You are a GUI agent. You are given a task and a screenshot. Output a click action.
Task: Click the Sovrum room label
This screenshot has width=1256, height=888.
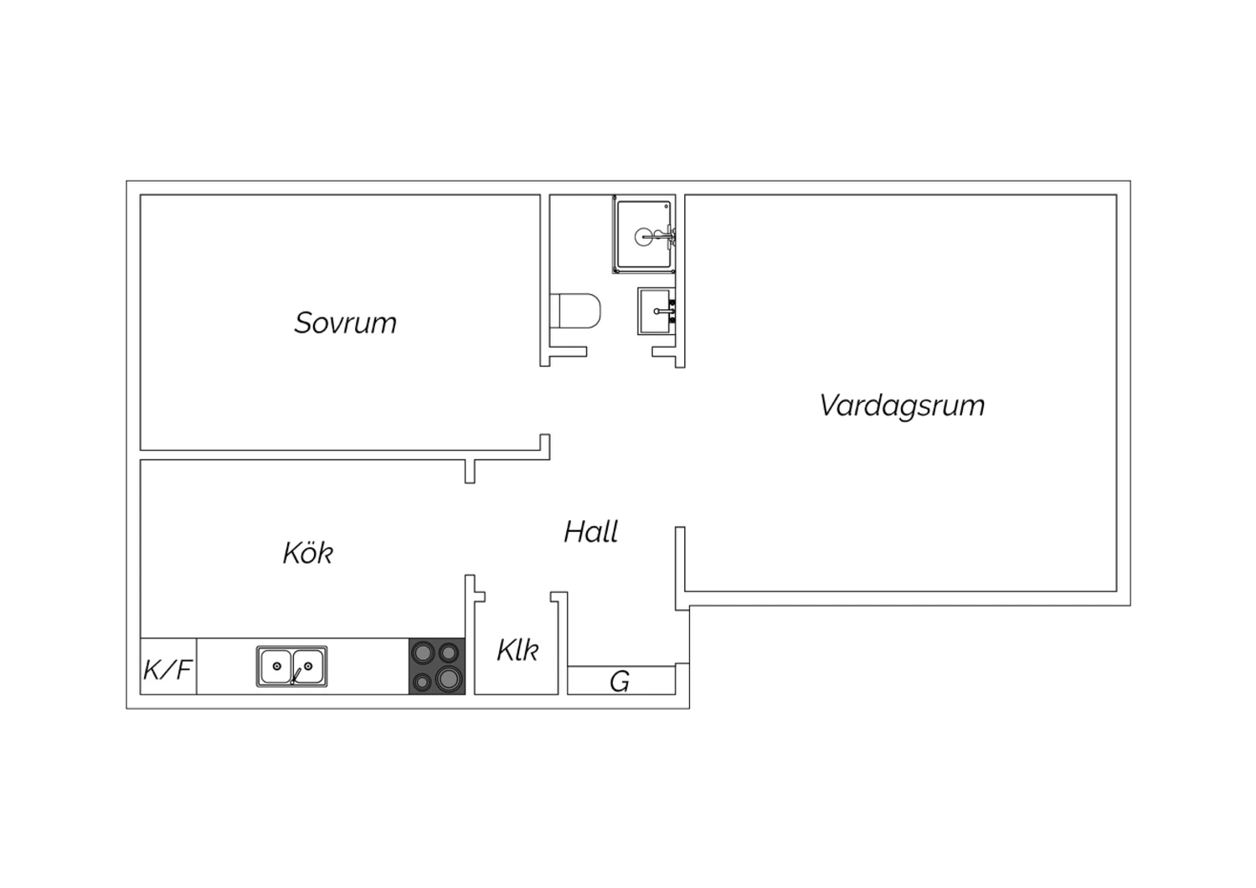click(345, 323)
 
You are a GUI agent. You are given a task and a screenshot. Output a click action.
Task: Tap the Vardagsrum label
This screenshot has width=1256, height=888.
click(902, 405)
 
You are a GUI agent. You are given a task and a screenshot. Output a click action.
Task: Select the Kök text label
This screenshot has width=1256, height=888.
click(308, 553)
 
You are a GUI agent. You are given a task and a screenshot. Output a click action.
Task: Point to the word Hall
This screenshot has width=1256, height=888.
click(591, 532)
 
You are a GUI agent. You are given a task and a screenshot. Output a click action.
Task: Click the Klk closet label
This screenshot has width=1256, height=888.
click(517, 650)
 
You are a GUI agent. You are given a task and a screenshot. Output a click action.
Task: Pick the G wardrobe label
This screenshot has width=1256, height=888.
click(620, 682)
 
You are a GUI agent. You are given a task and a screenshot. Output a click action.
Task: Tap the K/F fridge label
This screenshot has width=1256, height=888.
click(167, 670)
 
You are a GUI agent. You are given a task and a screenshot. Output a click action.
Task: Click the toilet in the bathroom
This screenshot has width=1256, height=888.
click(575, 310)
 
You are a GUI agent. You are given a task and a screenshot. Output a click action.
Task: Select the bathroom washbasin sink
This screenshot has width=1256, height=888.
click(656, 312)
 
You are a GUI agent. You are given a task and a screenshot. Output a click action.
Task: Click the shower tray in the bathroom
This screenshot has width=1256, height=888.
click(644, 235)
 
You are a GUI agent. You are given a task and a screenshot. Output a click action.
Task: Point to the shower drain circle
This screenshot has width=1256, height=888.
click(643, 237)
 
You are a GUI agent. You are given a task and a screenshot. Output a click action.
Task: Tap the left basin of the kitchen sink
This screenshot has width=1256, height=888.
click(275, 667)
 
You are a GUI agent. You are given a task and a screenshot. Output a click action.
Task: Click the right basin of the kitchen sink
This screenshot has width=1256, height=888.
click(308, 667)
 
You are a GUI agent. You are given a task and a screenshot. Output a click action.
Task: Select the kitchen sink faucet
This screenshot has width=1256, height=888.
click(295, 676)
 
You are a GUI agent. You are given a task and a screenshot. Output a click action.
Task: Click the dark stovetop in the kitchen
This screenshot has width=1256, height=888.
click(437, 667)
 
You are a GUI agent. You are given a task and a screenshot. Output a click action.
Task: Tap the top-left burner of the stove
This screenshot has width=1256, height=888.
click(424, 653)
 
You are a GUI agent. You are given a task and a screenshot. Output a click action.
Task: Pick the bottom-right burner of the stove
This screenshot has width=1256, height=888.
click(449, 679)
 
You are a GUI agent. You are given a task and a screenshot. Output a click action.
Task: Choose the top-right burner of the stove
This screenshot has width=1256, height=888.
click(449, 653)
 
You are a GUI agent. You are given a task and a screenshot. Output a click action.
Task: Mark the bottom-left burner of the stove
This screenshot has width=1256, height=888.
click(422, 682)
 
